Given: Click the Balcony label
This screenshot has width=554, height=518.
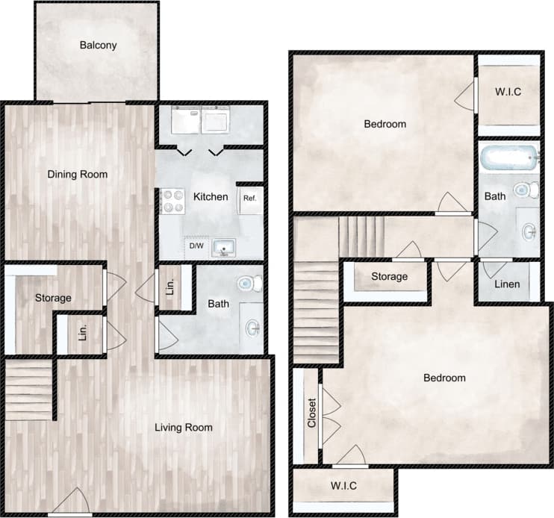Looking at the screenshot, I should coord(98,45).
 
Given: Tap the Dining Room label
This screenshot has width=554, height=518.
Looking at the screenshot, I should coord(78,175).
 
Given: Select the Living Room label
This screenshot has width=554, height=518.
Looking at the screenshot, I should coord(184,428).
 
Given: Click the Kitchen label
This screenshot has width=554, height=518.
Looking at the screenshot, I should coord(211,197).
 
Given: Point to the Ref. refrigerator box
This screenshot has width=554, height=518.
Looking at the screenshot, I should coord(250,199).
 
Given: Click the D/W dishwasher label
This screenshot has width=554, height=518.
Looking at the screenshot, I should coord(196,246).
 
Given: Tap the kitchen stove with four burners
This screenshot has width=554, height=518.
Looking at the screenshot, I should coord(173,202).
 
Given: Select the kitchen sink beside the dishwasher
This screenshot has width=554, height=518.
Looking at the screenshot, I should coord(222,246).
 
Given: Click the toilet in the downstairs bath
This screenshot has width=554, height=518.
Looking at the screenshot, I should coord(249,284).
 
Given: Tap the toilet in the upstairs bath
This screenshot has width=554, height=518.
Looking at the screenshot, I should coord(529,190).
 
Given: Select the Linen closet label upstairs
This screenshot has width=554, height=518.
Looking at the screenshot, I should coord(508,284).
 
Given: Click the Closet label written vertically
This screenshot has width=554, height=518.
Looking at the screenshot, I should coord(312,414).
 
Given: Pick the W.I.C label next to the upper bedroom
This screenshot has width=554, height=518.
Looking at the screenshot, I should coord(508,93).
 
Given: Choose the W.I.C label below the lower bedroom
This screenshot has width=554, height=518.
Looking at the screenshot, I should coord(343,486).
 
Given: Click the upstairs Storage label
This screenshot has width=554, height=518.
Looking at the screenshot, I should coord(390,277).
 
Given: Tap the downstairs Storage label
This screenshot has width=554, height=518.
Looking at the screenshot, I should coord(53,299).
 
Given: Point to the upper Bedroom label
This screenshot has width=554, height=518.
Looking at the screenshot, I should coord(385,124).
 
